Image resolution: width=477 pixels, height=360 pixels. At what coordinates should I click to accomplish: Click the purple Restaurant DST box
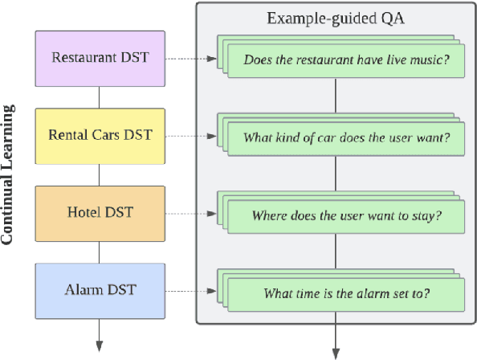(x=100, y=58)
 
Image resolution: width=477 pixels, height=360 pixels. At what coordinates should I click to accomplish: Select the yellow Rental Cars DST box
(x=100, y=135)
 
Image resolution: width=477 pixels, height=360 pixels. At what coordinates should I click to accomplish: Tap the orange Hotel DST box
(x=100, y=212)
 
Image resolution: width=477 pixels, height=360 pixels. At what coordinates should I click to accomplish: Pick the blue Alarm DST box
(x=100, y=289)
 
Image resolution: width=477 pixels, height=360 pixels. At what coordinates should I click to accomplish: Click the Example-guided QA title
(x=336, y=18)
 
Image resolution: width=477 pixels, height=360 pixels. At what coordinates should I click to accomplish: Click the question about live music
(x=346, y=59)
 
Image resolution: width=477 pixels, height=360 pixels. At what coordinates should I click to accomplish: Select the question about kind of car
(x=346, y=137)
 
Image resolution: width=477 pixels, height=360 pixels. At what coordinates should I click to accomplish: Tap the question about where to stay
(x=346, y=215)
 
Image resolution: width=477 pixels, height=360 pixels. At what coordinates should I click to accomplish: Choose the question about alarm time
(x=346, y=293)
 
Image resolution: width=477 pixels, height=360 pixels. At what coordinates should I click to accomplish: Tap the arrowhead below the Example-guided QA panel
(x=336, y=352)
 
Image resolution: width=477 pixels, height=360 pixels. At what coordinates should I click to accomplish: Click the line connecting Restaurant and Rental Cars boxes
(x=100, y=96)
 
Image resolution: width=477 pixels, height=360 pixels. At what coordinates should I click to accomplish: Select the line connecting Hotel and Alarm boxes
(x=100, y=251)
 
